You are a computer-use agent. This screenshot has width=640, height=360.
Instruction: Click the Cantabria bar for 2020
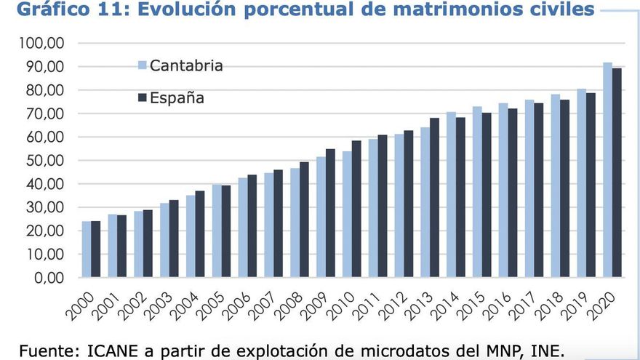[x=607, y=170]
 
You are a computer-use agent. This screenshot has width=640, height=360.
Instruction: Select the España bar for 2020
[x=617, y=173]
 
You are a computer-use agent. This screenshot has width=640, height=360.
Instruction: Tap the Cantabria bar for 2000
[x=86, y=249]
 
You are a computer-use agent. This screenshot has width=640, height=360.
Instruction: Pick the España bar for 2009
[x=330, y=213]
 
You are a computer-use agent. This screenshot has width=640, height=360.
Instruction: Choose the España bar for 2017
[x=538, y=191]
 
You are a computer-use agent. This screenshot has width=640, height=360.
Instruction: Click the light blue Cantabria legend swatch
[x=143, y=66]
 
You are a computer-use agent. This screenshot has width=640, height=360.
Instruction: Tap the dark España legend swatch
[x=143, y=97]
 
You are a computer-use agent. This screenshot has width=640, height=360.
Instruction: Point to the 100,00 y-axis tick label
[x=41, y=44]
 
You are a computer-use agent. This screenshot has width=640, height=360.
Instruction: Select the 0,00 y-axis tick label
[x=49, y=278]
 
